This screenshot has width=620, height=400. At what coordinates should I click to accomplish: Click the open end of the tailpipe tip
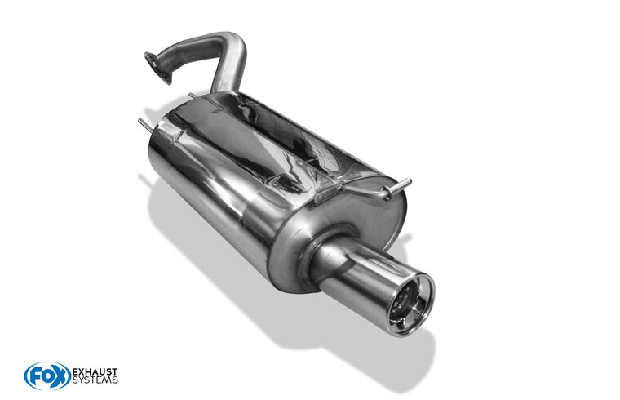[x=410, y=305]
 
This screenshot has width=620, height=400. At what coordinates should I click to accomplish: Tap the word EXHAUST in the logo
[x=95, y=372]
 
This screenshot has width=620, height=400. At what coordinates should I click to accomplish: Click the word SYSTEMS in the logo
[x=95, y=380]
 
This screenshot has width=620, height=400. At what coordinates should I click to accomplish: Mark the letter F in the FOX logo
[x=33, y=376]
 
